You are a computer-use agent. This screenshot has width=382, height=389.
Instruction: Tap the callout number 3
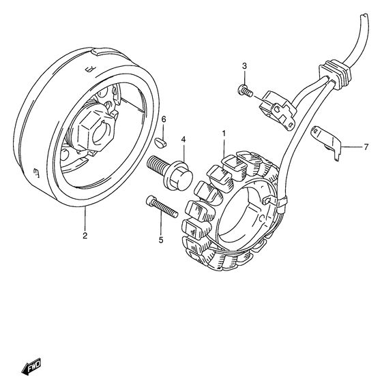point(244,65)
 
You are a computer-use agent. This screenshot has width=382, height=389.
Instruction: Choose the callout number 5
point(162,239)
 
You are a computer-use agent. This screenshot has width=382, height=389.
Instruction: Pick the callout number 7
point(365,146)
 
